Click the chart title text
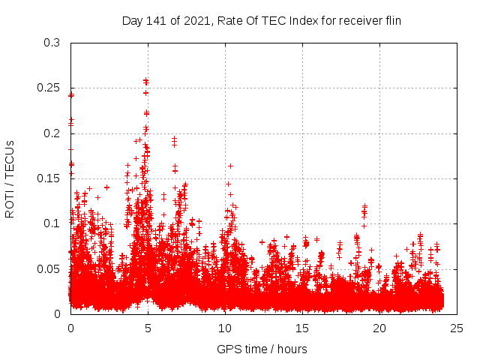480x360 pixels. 262,20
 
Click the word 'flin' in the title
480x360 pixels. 391,20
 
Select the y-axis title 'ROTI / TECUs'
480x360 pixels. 10,178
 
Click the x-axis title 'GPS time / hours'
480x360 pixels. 262,349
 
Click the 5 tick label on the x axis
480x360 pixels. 148,328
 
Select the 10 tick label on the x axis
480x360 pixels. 225,328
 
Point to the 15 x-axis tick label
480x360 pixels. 302,328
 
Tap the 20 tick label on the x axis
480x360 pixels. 379,328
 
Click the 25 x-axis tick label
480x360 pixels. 457,328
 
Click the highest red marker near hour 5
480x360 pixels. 146,80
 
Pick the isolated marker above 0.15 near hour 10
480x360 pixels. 230,166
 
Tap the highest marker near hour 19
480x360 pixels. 364,205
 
